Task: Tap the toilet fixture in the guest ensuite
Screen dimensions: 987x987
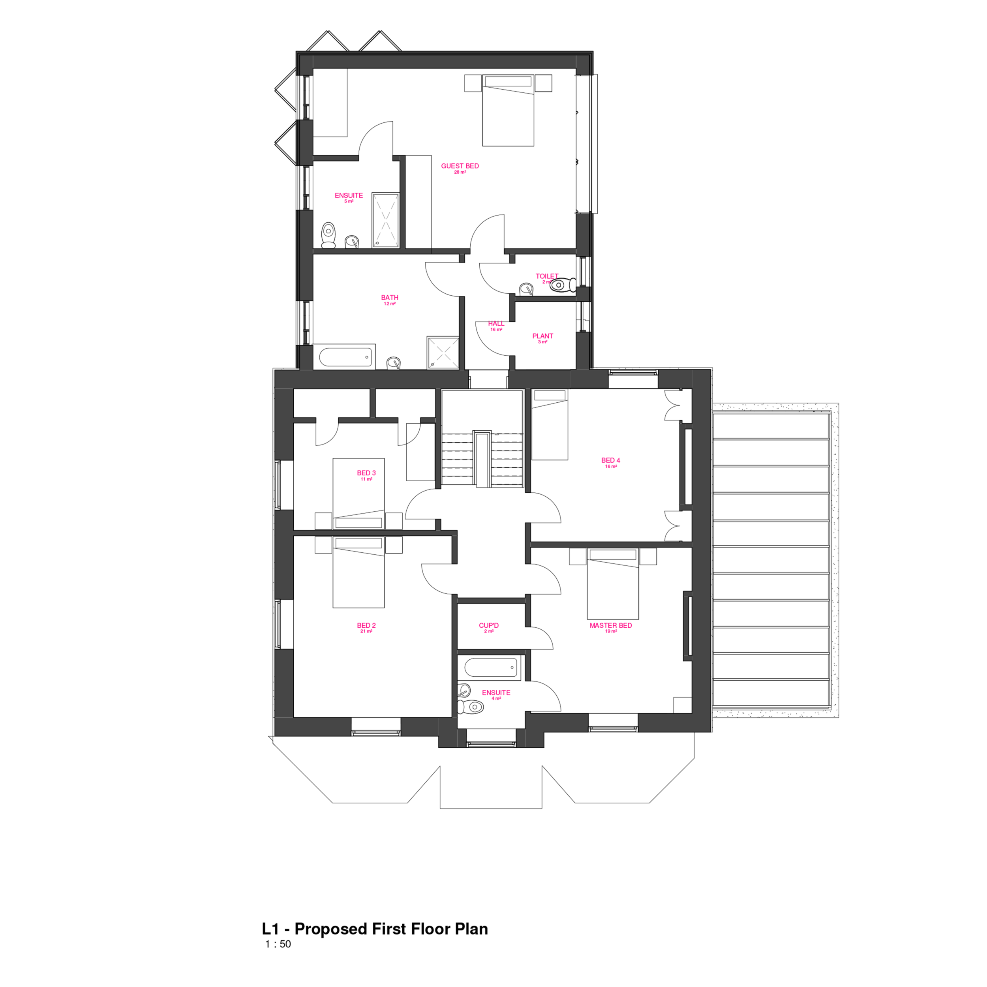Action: point(328,235)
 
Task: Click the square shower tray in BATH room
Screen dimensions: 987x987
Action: point(443,352)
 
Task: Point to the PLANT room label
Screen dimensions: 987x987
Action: point(542,336)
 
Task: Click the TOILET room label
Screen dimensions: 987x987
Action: point(547,276)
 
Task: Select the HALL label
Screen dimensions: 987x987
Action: point(496,323)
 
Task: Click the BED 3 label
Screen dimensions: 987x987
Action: point(366,473)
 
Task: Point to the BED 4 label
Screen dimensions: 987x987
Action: point(610,460)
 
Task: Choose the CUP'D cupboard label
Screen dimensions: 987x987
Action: point(488,625)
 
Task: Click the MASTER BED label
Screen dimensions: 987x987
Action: point(610,625)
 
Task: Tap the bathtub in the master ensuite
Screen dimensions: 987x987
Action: point(490,667)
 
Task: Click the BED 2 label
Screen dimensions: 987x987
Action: point(366,625)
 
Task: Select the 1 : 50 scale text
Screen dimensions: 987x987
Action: point(278,944)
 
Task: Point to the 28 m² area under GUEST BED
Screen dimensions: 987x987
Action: point(460,173)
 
